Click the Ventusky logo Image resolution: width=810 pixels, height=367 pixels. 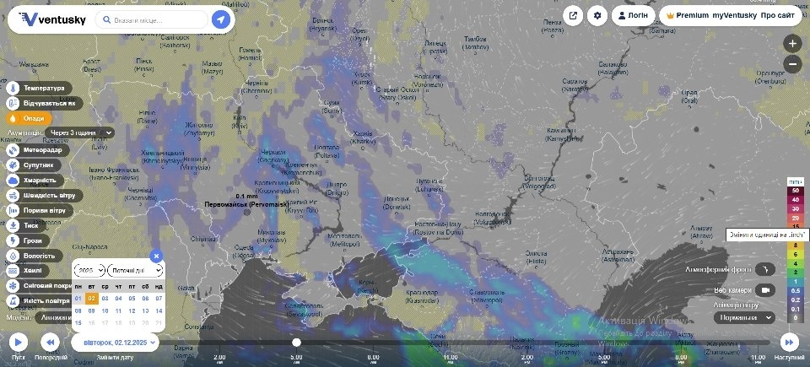pyautogui.click(x=52, y=19)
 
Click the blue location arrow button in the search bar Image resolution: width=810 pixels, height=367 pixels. pyautogui.click(x=221, y=19)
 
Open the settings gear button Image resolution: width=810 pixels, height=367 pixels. pyautogui.click(x=598, y=15)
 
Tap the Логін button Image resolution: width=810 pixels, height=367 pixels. pyautogui.click(x=633, y=15)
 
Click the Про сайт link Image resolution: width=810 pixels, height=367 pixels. pyautogui.click(x=777, y=15)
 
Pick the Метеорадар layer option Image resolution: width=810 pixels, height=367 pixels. pyautogui.click(x=39, y=149)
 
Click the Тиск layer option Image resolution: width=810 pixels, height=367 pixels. pyautogui.click(x=30, y=225)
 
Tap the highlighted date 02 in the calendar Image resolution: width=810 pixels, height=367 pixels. pyautogui.click(x=91, y=298)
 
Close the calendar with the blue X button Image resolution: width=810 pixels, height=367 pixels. pyautogui.click(x=155, y=256)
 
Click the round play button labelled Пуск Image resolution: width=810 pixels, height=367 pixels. pyautogui.click(x=19, y=342)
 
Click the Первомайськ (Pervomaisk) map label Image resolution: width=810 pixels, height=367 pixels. pyautogui.click(x=246, y=205)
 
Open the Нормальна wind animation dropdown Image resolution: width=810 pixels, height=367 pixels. pyautogui.click(x=744, y=317)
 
